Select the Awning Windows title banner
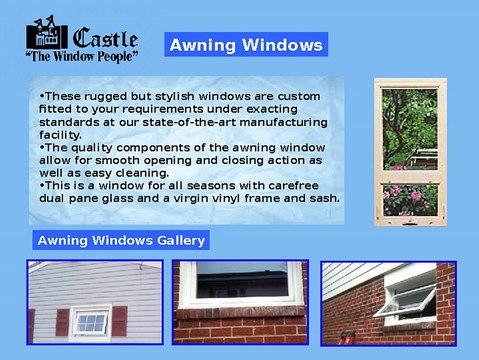click(246, 45)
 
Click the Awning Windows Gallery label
click(121, 240)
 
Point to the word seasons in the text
click(195, 185)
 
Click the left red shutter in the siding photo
click(62, 322)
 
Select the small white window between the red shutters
click(90, 322)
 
